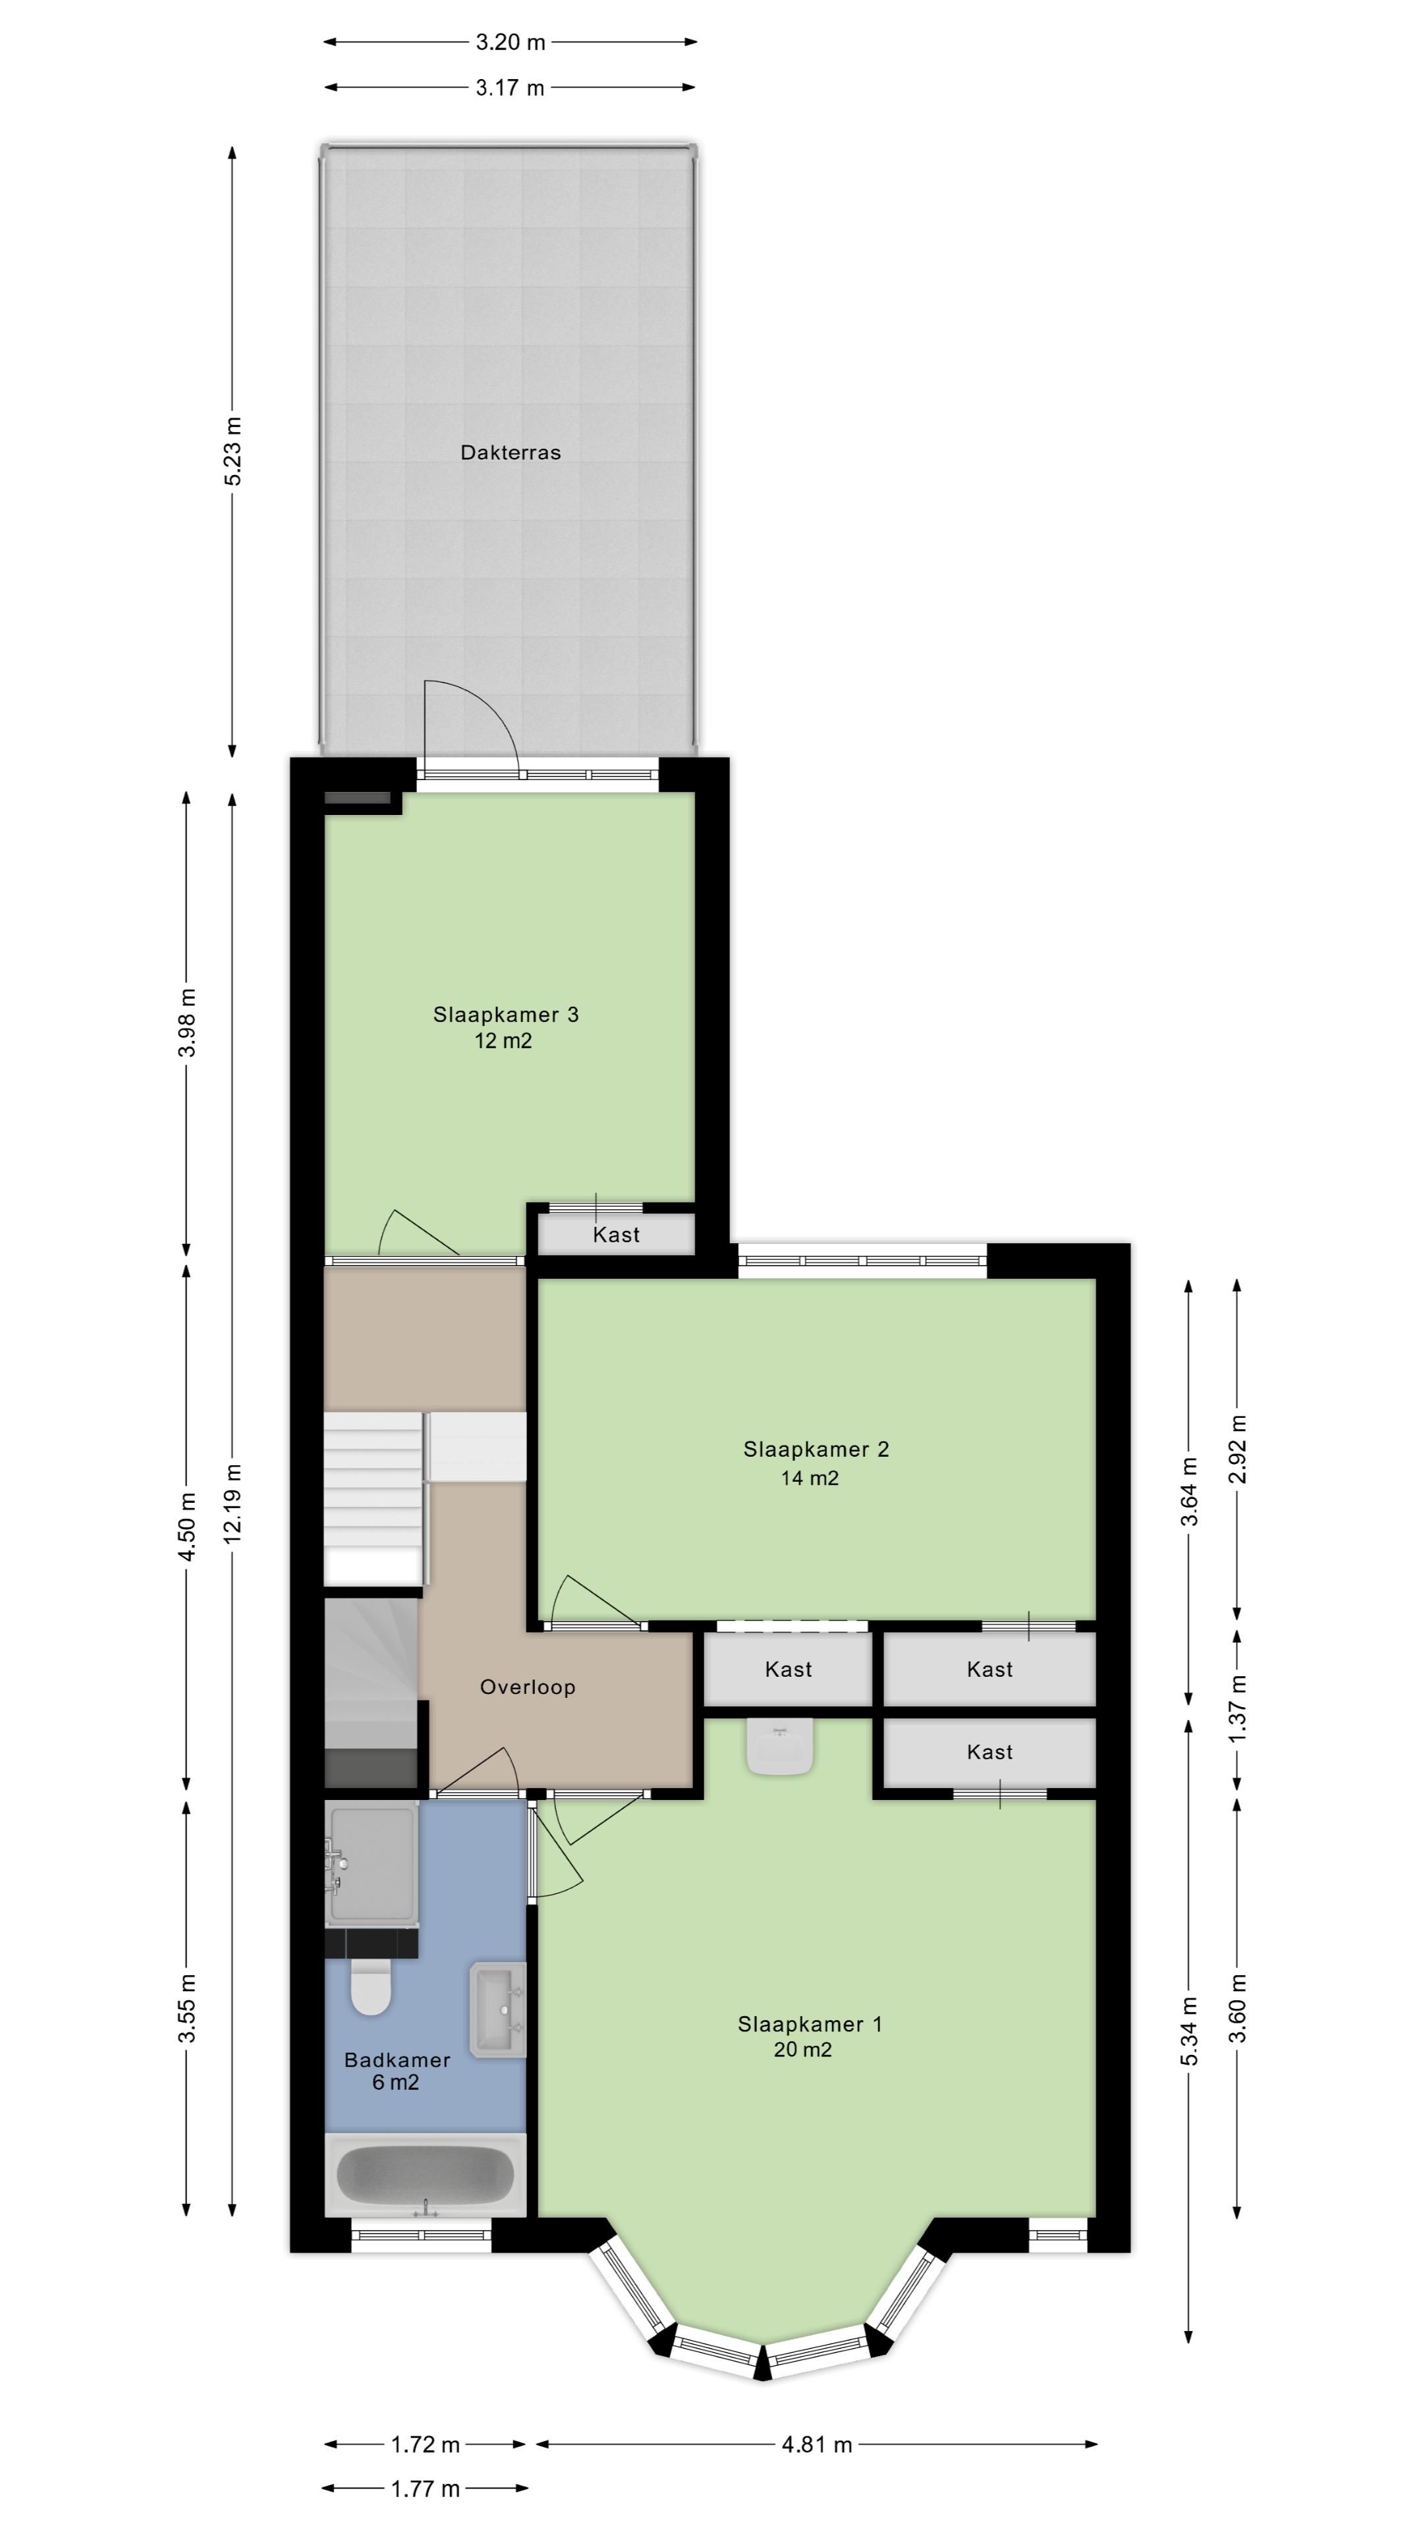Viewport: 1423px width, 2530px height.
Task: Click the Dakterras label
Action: pos(511,453)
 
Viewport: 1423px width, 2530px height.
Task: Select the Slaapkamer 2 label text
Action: pos(816,1449)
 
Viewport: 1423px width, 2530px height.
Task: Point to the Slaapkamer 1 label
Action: pos(810,2024)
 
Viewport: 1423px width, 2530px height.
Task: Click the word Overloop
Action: pos(527,1687)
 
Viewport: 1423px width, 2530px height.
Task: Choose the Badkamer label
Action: pos(397,2060)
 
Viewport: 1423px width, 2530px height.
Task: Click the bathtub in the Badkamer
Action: pos(425,2174)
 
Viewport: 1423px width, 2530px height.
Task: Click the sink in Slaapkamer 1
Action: pos(781,1745)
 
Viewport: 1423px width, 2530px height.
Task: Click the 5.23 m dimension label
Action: pos(233,451)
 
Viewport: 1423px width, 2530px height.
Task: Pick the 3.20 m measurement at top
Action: pos(511,42)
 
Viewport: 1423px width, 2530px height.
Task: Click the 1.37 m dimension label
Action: pos(1237,1708)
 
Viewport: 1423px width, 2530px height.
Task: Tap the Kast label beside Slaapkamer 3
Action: pos(617,1235)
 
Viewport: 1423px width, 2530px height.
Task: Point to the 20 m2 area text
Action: pos(802,2050)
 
